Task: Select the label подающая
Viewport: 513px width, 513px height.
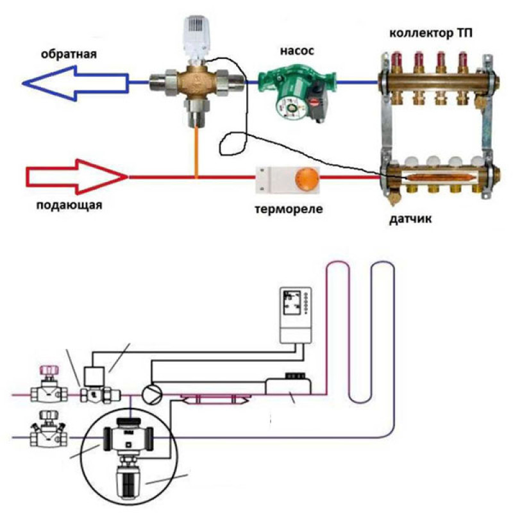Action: pos(70,206)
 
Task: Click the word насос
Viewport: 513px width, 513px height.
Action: pos(297,51)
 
